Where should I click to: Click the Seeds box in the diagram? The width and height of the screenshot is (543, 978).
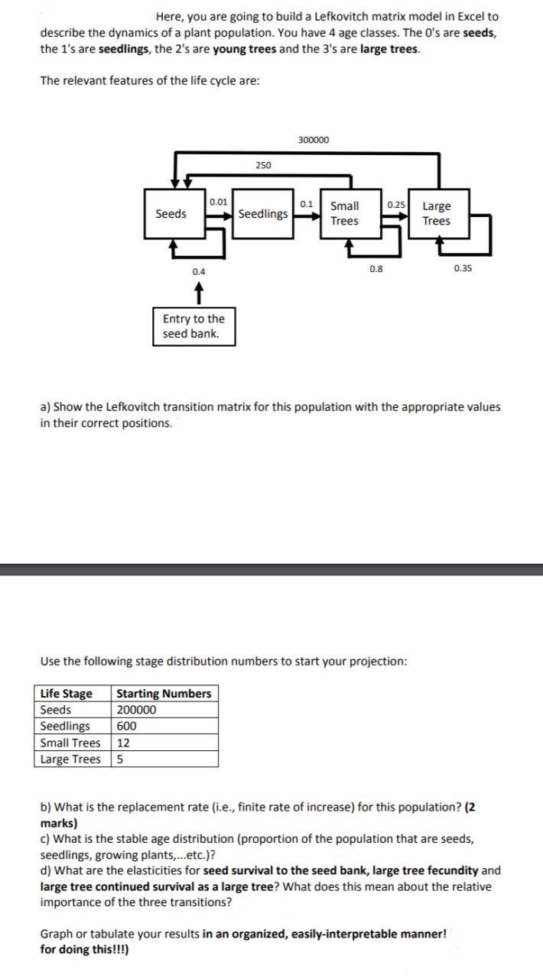pos(171,214)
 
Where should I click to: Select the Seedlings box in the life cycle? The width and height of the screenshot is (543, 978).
pos(262,214)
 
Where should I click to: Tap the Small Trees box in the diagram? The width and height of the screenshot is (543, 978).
pos(345,213)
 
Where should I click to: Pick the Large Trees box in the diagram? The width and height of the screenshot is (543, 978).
pos(437,213)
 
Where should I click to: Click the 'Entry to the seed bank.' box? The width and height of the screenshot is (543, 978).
pos(193,326)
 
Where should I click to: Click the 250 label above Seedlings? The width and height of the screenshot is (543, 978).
pos(262,165)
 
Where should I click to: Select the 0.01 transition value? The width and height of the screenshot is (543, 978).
pos(218,202)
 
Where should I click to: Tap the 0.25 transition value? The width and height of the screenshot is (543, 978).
pos(396,205)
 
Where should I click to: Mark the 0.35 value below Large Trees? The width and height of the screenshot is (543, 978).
pos(463,268)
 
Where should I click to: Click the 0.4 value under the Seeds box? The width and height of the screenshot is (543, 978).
pos(198,271)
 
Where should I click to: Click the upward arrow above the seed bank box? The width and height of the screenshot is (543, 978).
pos(198,291)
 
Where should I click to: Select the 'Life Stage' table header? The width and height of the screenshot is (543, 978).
pos(66,694)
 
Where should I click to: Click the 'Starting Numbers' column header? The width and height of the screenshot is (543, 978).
pos(164,694)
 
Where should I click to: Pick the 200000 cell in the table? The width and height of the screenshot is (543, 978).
pos(136,710)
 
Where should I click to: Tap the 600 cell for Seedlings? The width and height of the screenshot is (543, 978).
pos(127,726)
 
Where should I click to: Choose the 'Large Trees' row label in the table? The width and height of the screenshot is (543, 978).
pos(70,759)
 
